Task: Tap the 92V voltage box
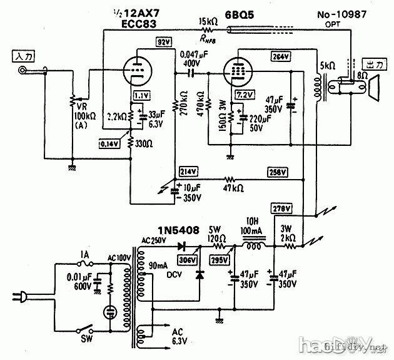click(163, 43)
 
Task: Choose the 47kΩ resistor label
click(233, 186)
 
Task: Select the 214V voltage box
click(187, 171)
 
